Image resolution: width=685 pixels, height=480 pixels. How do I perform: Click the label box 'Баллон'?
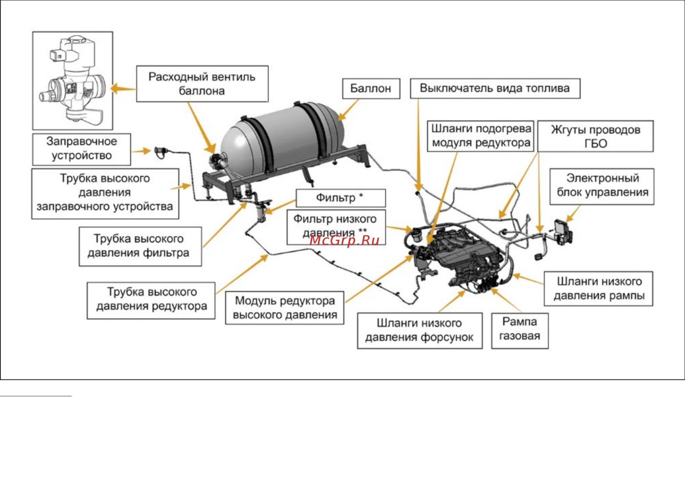coord(370,89)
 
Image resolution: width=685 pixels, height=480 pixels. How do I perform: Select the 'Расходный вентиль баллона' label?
coord(202,83)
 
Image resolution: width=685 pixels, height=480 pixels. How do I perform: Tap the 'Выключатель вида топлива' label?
coord(494,88)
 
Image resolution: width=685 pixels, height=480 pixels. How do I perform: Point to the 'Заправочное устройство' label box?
coord(82,148)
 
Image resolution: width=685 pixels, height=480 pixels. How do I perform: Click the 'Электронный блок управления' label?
coord(602,185)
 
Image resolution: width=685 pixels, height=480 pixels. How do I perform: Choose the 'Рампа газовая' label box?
coord(519,329)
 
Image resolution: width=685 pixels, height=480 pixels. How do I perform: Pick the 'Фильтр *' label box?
coord(340,198)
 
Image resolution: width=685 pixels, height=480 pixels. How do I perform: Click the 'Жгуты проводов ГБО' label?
coord(595,136)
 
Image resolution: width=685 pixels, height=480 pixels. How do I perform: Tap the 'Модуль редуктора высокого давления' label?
coord(285,308)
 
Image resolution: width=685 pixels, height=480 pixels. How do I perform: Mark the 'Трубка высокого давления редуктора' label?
coord(151,299)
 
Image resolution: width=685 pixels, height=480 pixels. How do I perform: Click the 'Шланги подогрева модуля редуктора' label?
coord(481,136)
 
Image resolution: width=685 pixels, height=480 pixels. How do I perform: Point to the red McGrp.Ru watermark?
coord(345,240)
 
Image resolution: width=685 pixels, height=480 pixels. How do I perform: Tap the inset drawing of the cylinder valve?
coord(72,80)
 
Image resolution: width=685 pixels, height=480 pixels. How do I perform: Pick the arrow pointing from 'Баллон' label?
coord(349,110)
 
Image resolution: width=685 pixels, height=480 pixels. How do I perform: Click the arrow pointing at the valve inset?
coord(123,89)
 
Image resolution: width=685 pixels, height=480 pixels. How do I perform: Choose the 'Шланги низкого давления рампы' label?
coord(598,288)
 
